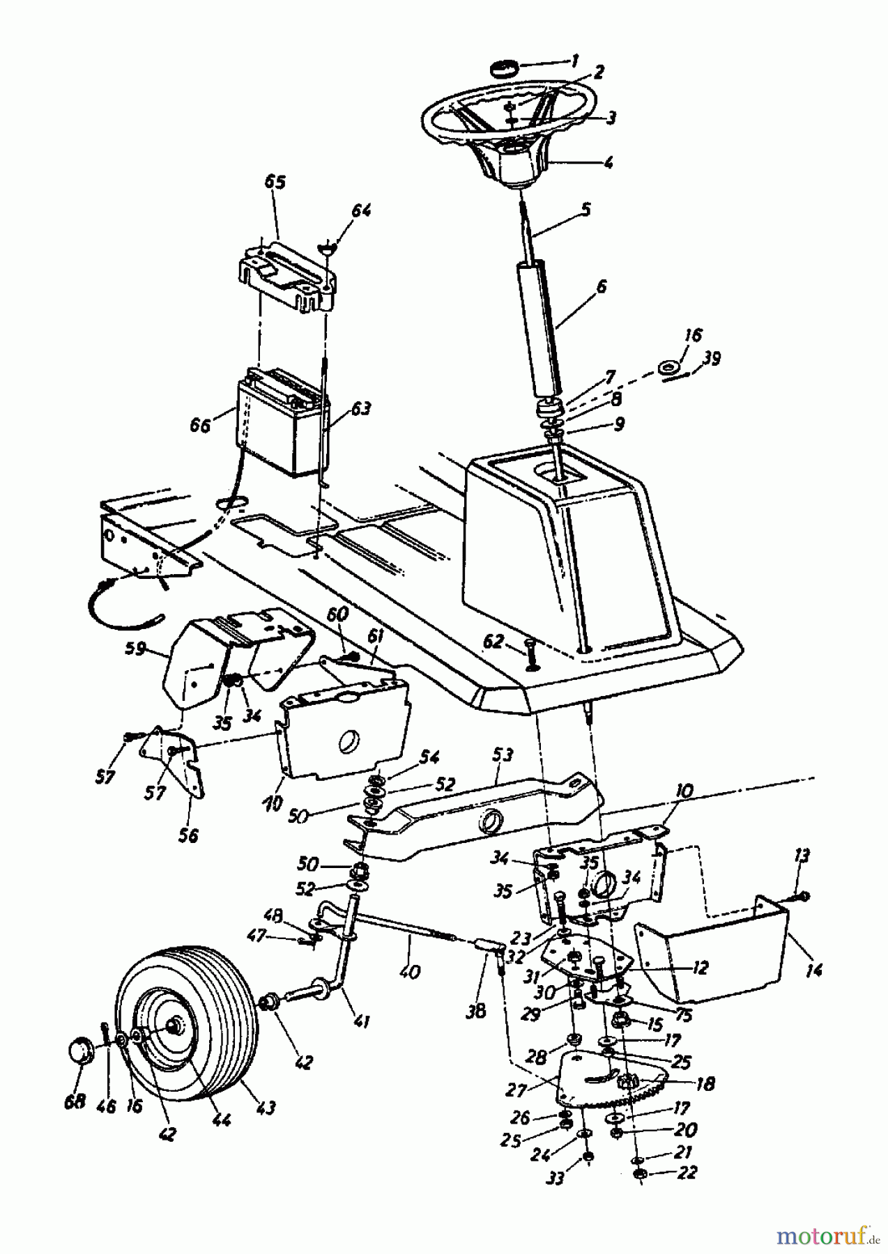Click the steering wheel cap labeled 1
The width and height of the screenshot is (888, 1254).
(x=505, y=69)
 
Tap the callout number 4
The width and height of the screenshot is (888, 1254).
(x=608, y=164)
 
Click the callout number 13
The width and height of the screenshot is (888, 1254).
(x=802, y=856)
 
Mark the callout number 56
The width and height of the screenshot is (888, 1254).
(x=187, y=835)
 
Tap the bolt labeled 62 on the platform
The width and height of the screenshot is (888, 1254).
(x=531, y=651)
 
